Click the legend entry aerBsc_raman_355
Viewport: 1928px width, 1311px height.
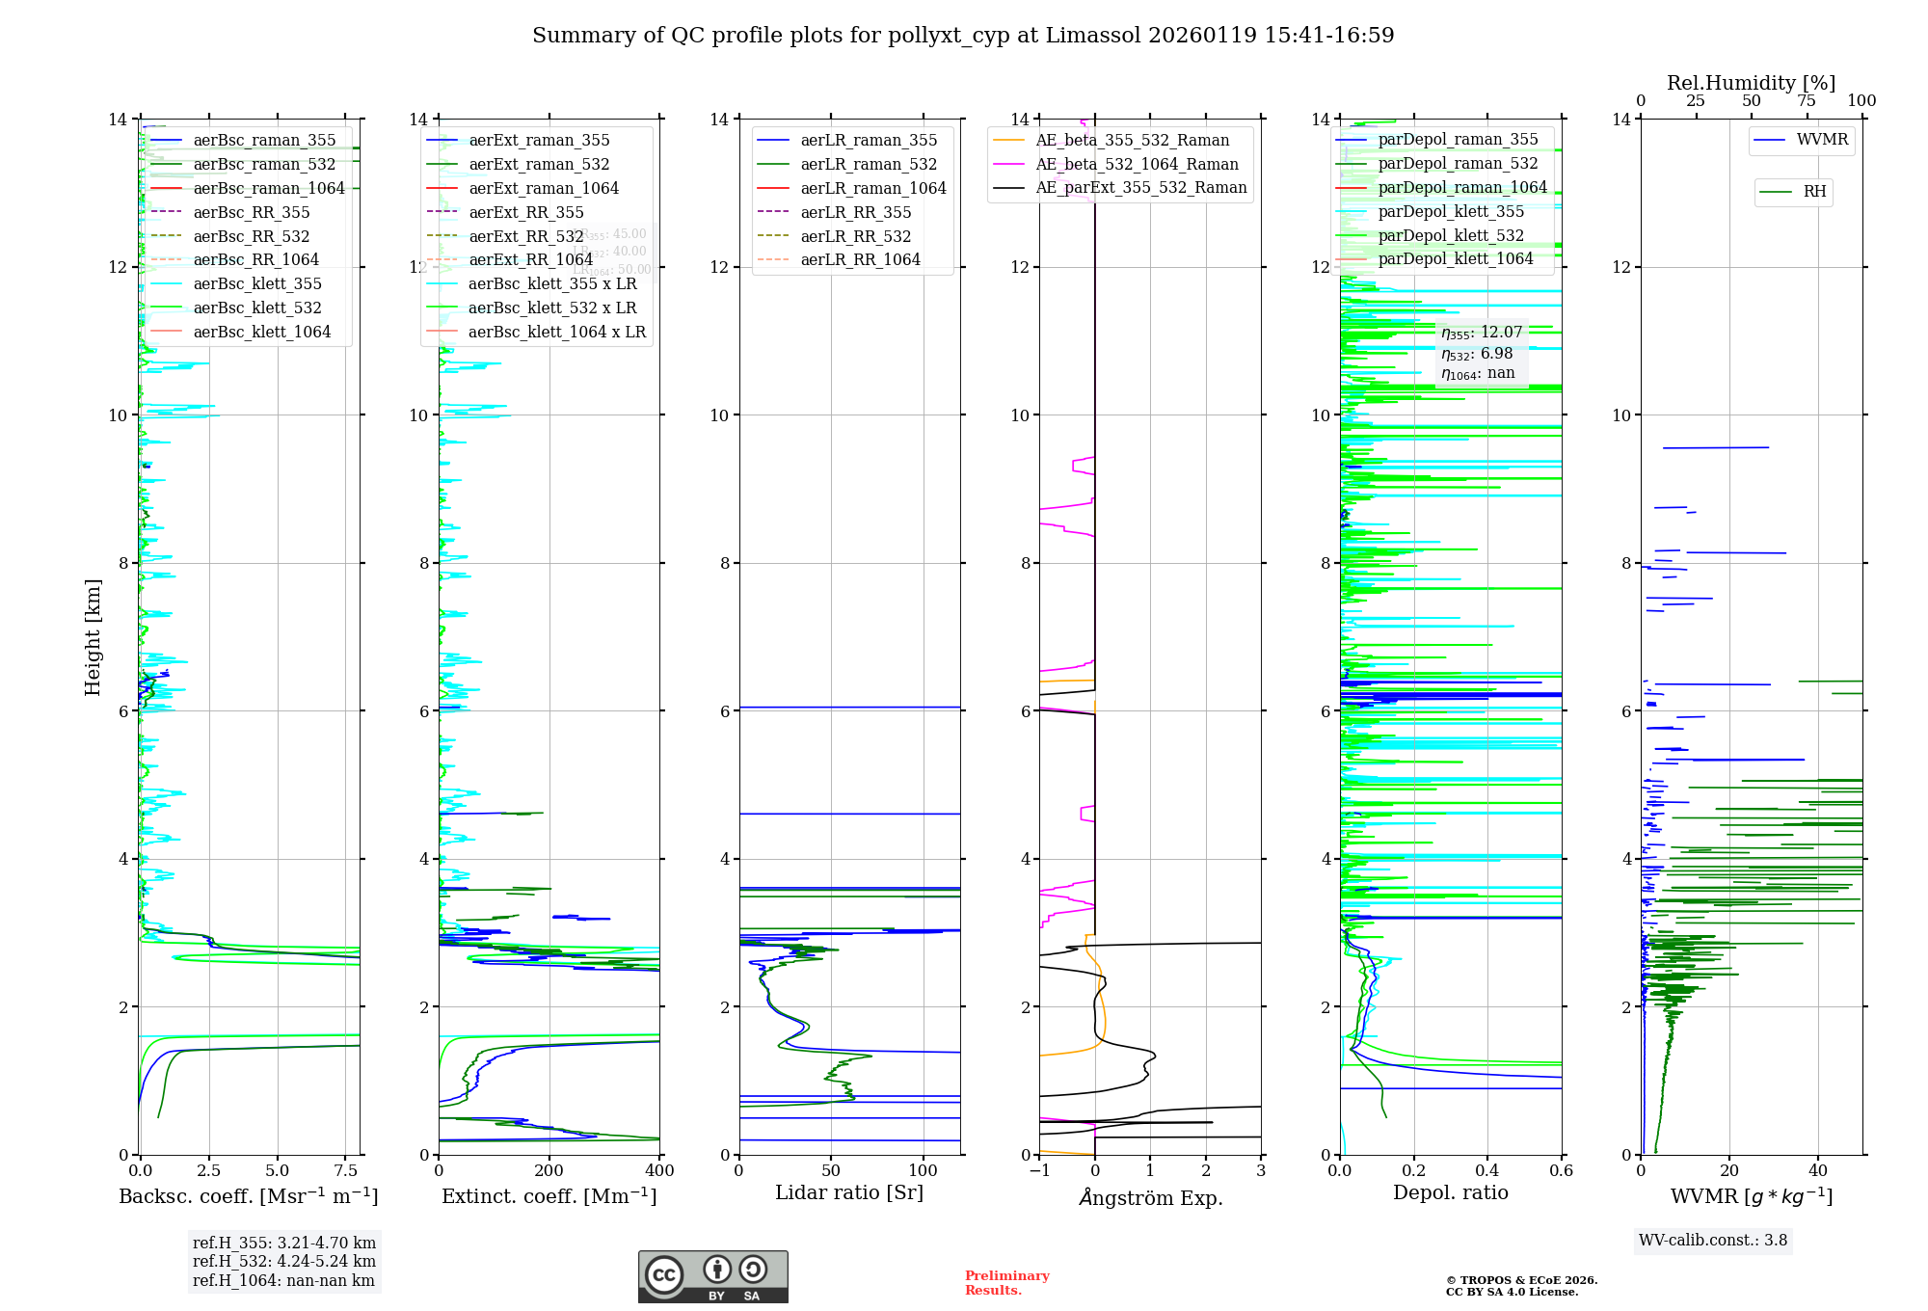click(264, 141)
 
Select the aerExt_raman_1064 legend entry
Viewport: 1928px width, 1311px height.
click(544, 189)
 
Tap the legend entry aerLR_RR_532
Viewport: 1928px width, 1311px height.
click(855, 236)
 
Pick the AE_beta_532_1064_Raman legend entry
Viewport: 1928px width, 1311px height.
click(1137, 165)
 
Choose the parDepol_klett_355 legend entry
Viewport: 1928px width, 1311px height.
click(1451, 212)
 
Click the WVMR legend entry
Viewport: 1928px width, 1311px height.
click(1822, 140)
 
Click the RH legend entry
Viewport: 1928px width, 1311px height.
click(1814, 192)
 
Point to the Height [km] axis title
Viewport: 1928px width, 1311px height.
click(93, 637)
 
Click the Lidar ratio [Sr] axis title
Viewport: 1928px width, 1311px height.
click(849, 1193)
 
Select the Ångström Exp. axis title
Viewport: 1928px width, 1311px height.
click(1150, 1198)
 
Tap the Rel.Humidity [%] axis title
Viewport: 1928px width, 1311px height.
click(1751, 83)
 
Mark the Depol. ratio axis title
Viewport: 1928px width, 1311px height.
click(1450, 1193)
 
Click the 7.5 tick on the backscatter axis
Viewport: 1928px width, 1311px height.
click(345, 1171)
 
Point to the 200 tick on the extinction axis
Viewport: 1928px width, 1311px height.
click(549, 1171)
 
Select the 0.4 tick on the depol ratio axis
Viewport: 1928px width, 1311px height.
click(1487, 1171)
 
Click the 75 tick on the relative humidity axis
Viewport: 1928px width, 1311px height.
click(1807, 101)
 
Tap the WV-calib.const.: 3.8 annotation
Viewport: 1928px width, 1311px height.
click(1712, 1241)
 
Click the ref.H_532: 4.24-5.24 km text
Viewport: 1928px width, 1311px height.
click(283, 1262)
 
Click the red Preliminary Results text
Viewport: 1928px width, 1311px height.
click(1006, 1283)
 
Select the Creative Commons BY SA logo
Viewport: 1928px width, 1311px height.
click(712, 1277)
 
